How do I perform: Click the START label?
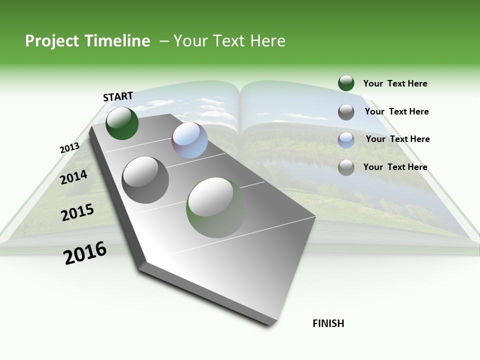(118, 96)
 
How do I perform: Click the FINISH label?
(328, 323)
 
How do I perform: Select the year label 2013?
(69, 148)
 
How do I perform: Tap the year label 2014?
(74, 177)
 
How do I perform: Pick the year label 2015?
(77, 212)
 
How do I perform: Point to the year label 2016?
(85, 253)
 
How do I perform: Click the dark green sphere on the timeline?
(122, 123)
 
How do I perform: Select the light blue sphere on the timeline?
(189, 140)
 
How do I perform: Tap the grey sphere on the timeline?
(145, 179)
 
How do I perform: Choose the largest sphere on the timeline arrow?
(216, 207)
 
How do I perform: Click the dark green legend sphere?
(346, 83)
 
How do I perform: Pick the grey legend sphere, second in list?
(346, 112)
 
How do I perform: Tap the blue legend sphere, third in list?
(346, 140)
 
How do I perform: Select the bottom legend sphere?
(346, 167)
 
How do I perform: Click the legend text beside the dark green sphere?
(395, 83)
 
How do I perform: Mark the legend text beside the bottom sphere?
(395, 167)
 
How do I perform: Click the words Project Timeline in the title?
(87, 41)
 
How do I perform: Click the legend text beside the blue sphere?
(397, 139)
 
